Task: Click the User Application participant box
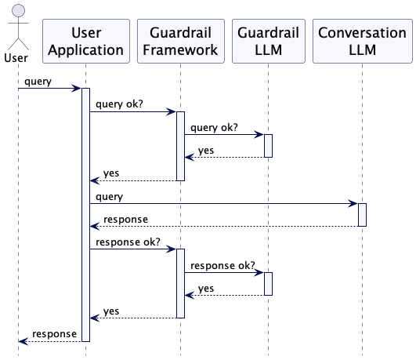coord(86,42)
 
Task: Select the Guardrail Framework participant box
coord(181,42)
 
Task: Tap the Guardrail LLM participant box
coord(269,42)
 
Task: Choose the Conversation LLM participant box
coord(363,42)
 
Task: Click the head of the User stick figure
coord(18,11)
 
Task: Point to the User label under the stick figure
coord(16,58)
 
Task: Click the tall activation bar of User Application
coord(85,215)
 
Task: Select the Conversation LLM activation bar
coord(362,215)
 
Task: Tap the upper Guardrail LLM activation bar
coord(268,146)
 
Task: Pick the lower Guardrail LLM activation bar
coord(268,284)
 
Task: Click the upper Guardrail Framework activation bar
coord(180,146)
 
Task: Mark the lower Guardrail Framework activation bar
coord(180,283)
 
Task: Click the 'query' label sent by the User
coord(38,82)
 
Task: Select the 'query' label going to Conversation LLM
coord(110,197)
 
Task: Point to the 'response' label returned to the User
coord(54,334)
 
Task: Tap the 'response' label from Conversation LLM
coord(126,220)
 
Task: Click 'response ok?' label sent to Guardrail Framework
coord(128,242)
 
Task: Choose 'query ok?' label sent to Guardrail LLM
coord(214,128)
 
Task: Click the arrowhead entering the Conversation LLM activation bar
coord(353,203)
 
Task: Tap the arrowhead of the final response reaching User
coord(24,341)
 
